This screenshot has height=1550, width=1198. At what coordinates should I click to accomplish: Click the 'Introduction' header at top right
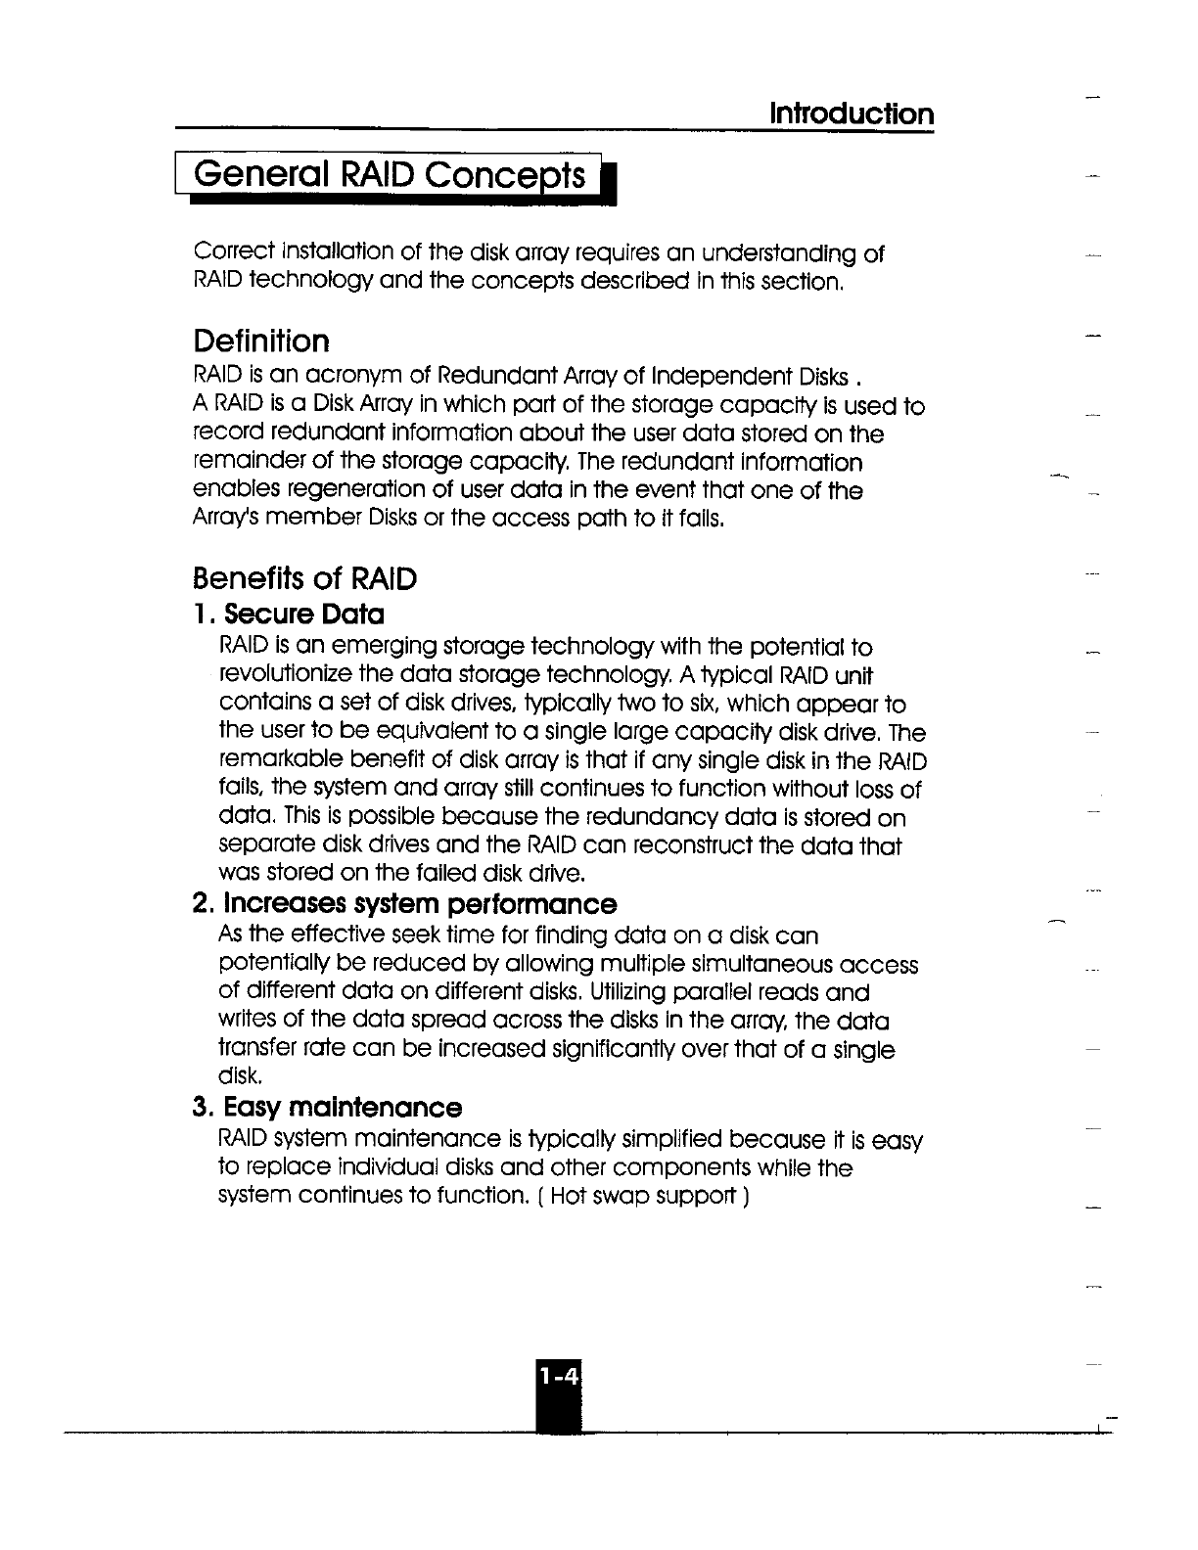pos(851,114)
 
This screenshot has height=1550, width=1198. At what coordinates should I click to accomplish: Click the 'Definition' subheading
pos(261,341)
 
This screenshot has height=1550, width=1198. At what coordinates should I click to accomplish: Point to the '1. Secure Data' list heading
pos(289,615)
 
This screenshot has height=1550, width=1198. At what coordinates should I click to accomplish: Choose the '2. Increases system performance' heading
pos(405,903)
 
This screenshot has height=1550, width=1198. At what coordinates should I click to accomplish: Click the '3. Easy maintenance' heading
pos(328,1108)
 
